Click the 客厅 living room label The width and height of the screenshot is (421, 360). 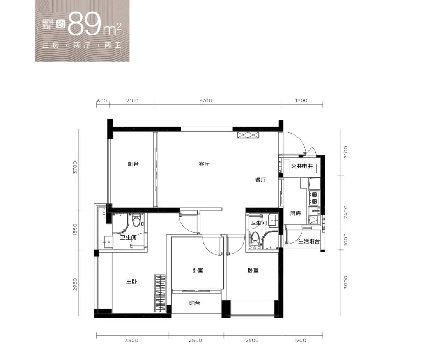tap(204, 164)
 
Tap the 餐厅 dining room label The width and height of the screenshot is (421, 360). tap(260, 180)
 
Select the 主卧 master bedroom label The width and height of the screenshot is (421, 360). tap(132, 281)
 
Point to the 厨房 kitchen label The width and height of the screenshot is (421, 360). tap(295, 214)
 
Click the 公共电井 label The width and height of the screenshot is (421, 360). tap(302, 166)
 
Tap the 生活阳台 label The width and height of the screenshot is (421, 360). tap(309, 241)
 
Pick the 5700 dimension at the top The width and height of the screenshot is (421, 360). tap(205, 101)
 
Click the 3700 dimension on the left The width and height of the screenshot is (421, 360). tap(76, 168)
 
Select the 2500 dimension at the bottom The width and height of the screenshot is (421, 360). tap(195, 340)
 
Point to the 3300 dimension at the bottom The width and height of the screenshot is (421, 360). tap(132, 340)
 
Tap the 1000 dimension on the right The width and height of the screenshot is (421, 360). tap(346, 239)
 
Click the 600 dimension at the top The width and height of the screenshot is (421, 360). tap(102, 101)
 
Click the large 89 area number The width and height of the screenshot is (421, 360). tap(84, 24)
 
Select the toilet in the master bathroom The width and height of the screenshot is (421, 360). tap(137, 220)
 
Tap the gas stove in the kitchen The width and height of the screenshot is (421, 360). tap(314, 198)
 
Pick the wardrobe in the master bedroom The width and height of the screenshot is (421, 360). tap(160, 293)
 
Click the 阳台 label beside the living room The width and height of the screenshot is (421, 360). tap(133, 164)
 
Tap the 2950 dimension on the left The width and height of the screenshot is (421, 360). tap(76, 284)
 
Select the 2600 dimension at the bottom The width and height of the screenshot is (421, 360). tap(252, 340)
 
